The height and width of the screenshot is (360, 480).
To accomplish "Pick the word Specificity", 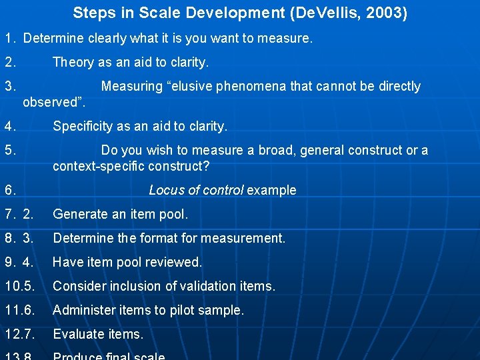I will (85, 126).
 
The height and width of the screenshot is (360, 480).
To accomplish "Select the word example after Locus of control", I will (271, 190).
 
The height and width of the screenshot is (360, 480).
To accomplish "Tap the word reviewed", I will (172, 262).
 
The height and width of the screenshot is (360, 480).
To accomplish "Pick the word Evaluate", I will (77, 334).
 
